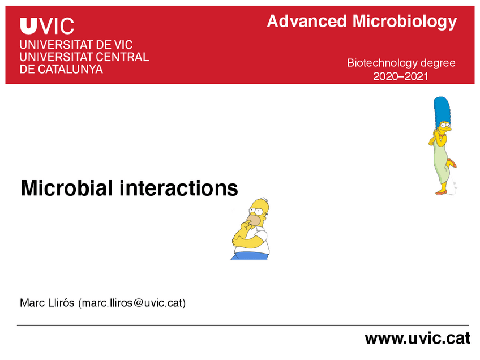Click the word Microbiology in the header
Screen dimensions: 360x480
point(404,22)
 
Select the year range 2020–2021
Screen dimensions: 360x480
point(401,76)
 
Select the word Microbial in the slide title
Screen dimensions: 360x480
point(67,187)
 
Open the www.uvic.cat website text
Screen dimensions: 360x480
point(417,338)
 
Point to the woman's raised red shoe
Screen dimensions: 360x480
point(452,164)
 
